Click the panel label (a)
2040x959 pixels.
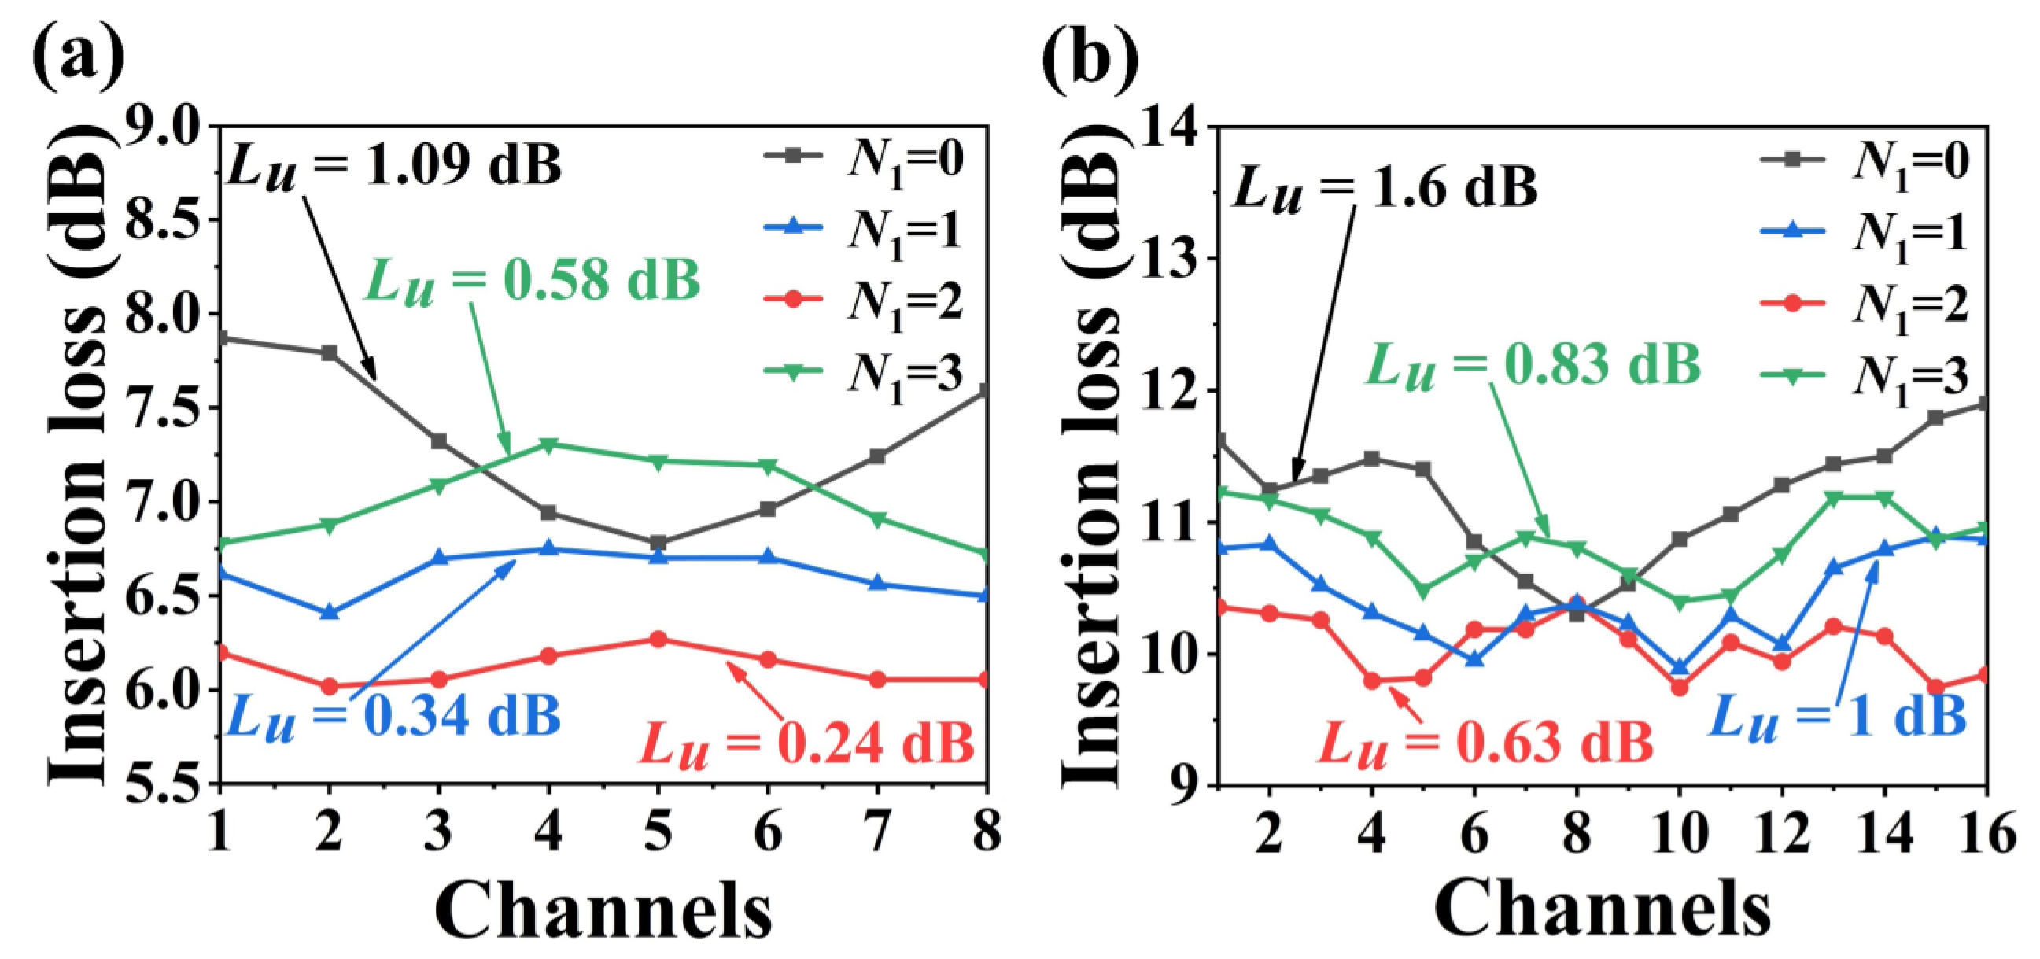(x=78, y=57)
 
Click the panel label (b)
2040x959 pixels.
(x=1090, y=57)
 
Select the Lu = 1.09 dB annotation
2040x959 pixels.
(x=393, y=164)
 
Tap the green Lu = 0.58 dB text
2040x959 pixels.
(x=532, y=279)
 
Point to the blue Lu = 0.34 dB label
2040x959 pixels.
(x=393, y=715)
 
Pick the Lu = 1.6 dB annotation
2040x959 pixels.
(x=1385, y=188)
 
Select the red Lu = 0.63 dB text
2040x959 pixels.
(x=1485, y=742)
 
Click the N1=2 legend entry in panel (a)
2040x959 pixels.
(x=863, y=301)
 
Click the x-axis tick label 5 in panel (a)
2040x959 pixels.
(x=657, y=832)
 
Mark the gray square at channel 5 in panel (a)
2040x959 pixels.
(x=657, y=543)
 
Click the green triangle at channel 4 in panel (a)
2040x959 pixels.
(x=548, y=444)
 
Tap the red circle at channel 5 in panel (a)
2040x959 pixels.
(x=657, y=639)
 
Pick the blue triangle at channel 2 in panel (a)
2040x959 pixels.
(x=330, y=612)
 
